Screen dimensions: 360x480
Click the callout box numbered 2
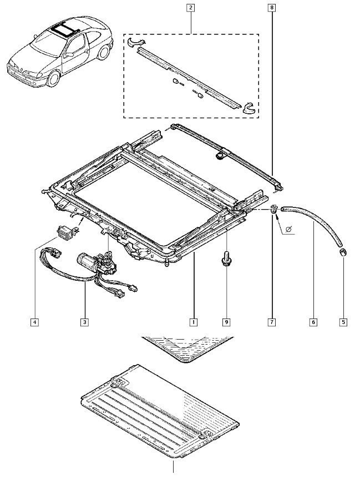click(191, 7)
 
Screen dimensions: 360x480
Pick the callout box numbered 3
click(84, 322)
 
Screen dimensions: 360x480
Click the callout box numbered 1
click(193, 322)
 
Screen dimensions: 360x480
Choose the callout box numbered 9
click(226, 322)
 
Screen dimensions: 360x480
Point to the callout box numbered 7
click(272, 322)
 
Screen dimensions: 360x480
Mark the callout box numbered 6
click(313, 322)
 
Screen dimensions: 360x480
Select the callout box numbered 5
click(343, 322)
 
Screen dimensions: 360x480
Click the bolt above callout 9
click(226, 258)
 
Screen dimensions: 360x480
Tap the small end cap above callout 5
click(342, 252)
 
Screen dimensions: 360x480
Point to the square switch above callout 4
click(65, 232)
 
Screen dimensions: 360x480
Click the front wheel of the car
click(54, 78)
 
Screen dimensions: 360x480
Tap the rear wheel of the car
click(104, 52)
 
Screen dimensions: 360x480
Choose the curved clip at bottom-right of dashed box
click(250, 108)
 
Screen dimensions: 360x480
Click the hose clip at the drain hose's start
click(273, 210)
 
